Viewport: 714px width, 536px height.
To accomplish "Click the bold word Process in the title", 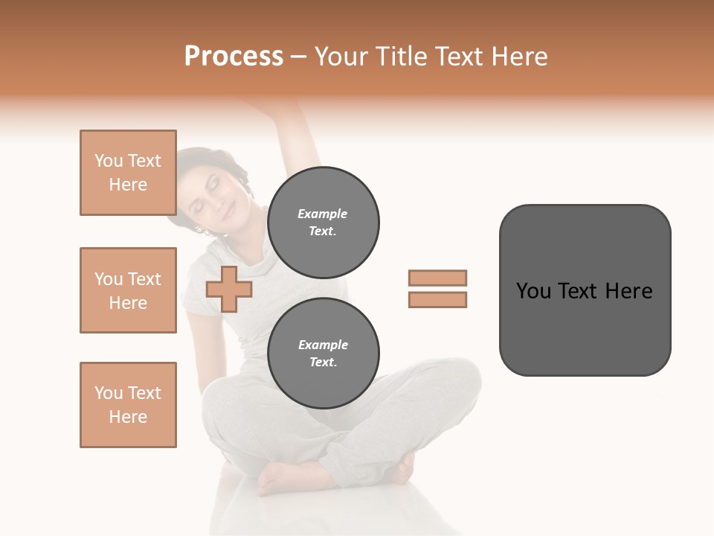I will (234, 57).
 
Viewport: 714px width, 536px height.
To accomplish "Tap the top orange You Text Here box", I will (128, 173).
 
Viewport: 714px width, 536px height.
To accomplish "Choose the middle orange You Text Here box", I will (128, 290).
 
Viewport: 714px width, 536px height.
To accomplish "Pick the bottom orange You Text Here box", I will (128, 405).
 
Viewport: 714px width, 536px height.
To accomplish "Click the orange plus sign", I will (229, 289).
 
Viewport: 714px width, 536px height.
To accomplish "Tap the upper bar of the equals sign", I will (437, 278).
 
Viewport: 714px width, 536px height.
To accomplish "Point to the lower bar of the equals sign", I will (437, 299).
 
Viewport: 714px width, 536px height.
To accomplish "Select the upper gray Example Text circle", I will (323, 222).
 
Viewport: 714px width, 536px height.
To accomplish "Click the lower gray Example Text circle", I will (323, 353).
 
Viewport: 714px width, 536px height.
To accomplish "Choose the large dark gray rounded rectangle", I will (585, 290).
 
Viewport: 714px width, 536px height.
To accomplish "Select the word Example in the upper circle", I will (323, 214).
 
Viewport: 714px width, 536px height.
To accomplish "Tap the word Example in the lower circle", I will (323, 345).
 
